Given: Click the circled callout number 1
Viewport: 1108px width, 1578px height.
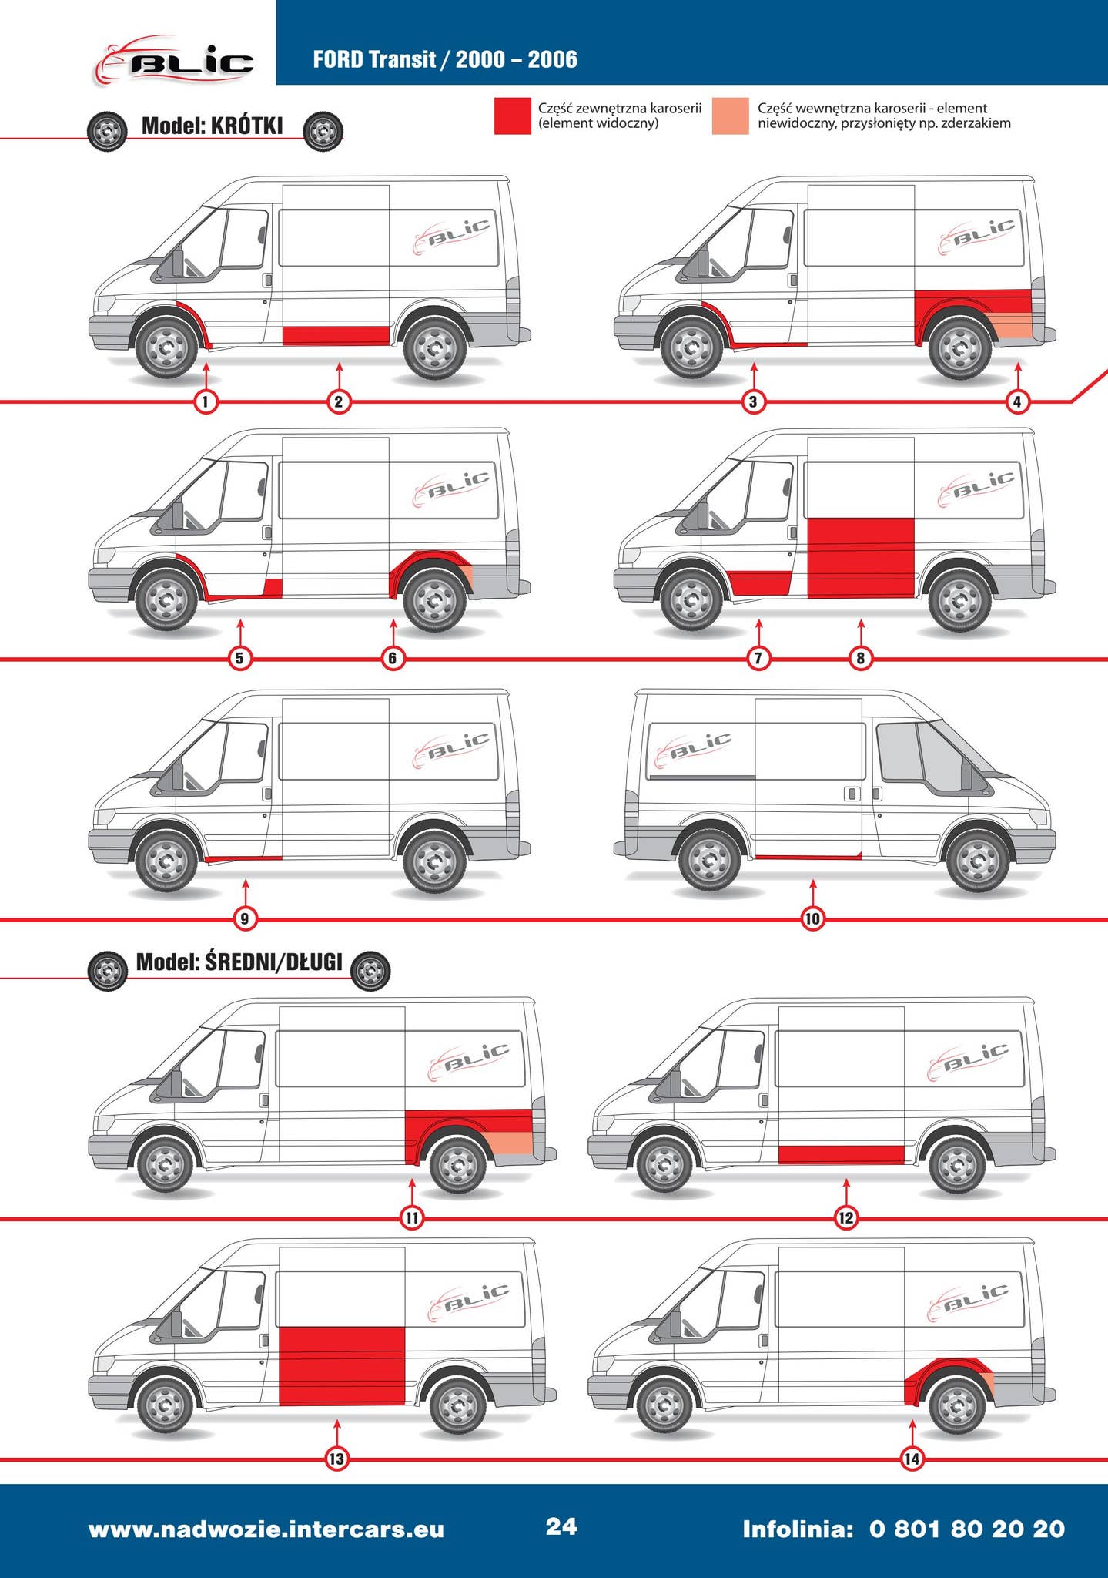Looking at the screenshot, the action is pyautogui.click(x=206, y=401).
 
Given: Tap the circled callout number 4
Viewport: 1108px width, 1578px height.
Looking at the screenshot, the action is pyautogui.click(x=1018, y=401).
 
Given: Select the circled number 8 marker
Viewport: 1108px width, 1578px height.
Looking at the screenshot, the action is pyautogui.click(x=861, y=658).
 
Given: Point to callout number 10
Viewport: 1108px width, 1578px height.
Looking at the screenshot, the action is pyautogui.click(x=812, y=918).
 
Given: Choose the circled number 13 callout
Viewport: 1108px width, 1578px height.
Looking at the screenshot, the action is pyautogui.click(x=336, y=1459).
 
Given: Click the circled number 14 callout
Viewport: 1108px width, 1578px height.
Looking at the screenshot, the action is pyautogui.click(x=912, y=1459).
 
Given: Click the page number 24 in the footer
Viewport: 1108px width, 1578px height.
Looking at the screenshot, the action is pyautogui.click(x=561, y=1526).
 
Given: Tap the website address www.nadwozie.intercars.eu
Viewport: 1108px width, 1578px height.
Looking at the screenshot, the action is pyautogui.click(x=266, y=1529).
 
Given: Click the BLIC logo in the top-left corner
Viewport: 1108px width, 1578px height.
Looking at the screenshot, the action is pyautogui.click(x=174, y=60).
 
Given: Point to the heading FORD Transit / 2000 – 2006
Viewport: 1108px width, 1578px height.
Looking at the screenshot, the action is pyautogui.click(x=445, y=59).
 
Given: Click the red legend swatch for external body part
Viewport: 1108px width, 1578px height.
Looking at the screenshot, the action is pyautogui.click(x=513, y=116).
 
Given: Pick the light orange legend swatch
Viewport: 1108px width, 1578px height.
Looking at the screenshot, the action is pyautogui.click(x=731, y=116).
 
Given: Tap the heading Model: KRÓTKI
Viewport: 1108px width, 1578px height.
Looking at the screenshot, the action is pyautogui.click(x=213, y=126).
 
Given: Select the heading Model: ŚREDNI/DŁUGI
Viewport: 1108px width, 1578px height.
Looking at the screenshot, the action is pyautogui.click(x=239, y=962).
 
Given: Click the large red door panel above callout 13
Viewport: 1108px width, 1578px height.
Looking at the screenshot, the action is pyautogui.click(x=342, y=1366).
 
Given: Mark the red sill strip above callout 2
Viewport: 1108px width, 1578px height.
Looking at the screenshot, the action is pyautogui.click(x=336, y=335).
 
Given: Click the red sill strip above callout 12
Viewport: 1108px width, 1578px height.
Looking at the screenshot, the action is pyautogui.click(x=842, y=1154).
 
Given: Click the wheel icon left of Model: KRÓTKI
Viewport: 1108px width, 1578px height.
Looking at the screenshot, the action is pyautogui.click(x=107, y=133).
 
